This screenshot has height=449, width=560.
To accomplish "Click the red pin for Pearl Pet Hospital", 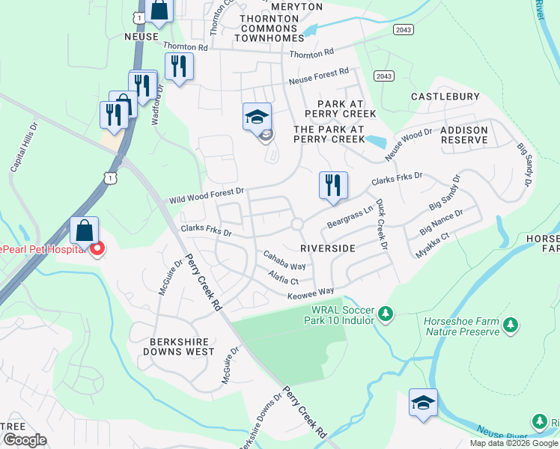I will point(96,249).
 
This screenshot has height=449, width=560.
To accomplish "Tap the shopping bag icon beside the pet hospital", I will point(85,230).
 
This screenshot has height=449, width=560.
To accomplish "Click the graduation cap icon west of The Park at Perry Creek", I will point(257,117).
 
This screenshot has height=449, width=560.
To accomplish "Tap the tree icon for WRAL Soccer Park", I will point(386,313).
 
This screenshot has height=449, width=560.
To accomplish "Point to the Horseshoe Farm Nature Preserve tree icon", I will point(511,325).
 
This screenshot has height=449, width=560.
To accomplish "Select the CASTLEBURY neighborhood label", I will point(445,97).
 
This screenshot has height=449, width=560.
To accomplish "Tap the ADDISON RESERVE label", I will point(464,135).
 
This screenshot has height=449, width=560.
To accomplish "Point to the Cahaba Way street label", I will point(284,261).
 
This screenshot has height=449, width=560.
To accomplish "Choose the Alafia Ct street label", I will point(284,278).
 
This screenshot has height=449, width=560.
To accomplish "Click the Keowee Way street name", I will point(310,292).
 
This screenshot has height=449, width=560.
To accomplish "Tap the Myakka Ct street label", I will point(433,245).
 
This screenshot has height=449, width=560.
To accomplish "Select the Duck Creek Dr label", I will point(382,224).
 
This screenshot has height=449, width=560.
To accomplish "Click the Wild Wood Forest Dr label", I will point(207,196).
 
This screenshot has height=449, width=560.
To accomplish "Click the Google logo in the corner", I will point(25,440).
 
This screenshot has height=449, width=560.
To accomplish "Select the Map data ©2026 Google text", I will point(513,443).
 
